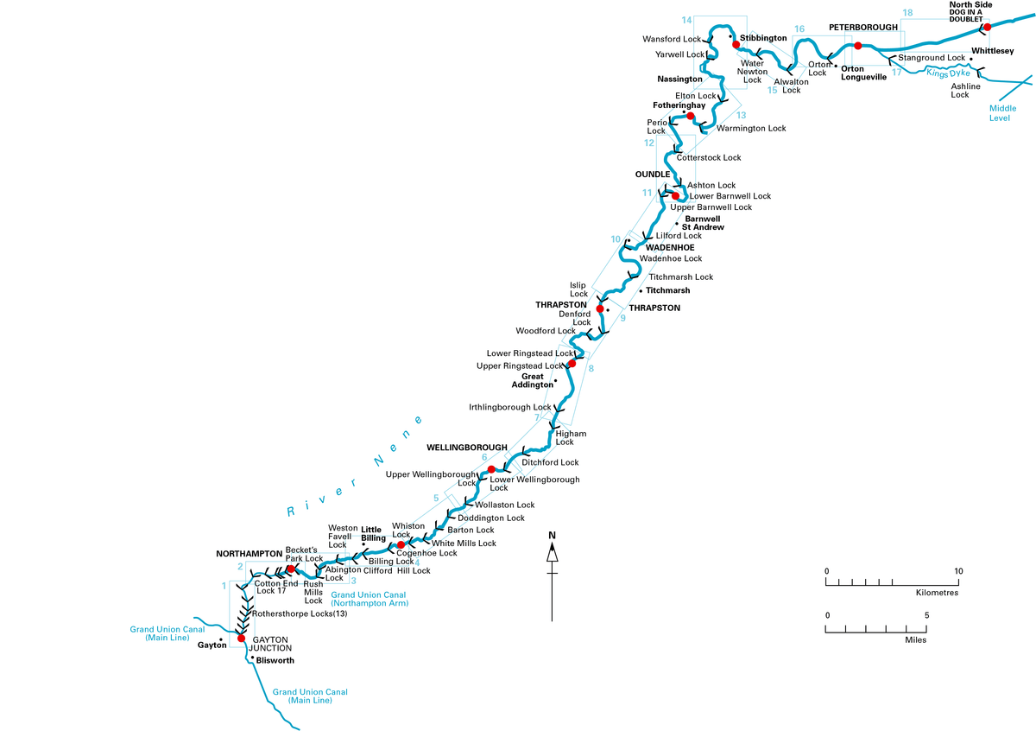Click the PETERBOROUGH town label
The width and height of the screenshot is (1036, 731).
click(x=863, y=28)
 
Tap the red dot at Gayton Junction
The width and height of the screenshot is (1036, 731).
click(x=230, y=639)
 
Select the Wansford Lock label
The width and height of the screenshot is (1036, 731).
click(x=673, y=40)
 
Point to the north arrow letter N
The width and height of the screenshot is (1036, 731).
click(x=552, y=535)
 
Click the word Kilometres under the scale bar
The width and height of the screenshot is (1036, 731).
click(x=937, y=594)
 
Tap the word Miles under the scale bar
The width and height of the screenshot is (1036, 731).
click(x=915, y=640)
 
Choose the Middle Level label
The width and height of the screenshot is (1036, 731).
click(x=1002, y=112)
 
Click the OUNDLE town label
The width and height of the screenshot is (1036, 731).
click(x=653, y=175)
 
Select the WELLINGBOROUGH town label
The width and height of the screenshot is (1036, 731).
click(x=467, y=448)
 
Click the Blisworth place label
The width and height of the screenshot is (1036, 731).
click(x=275, y=660)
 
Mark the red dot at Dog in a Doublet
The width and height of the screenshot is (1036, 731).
click(x=987, y=27)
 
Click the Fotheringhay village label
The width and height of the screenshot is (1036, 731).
click(x=679, y=105)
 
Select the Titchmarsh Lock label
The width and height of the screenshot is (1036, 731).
click(x=681, y=277)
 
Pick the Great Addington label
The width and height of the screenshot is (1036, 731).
click(x=534, y=380)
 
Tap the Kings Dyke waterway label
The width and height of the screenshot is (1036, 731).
click(x=949, y=74)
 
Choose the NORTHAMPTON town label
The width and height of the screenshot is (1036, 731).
click(x=249, y=553)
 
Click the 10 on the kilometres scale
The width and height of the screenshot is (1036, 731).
click(x=957, y=572)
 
